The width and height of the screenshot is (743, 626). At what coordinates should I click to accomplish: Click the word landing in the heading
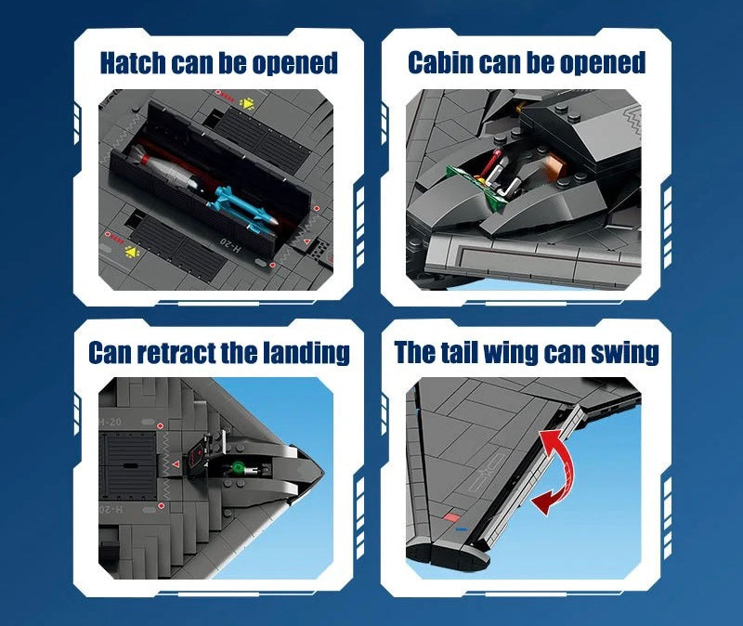(x=307, y=353)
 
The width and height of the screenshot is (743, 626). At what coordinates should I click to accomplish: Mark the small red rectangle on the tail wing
(x=452, y=513)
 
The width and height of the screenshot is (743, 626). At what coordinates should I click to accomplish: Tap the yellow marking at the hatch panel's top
(x=248, y=103)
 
